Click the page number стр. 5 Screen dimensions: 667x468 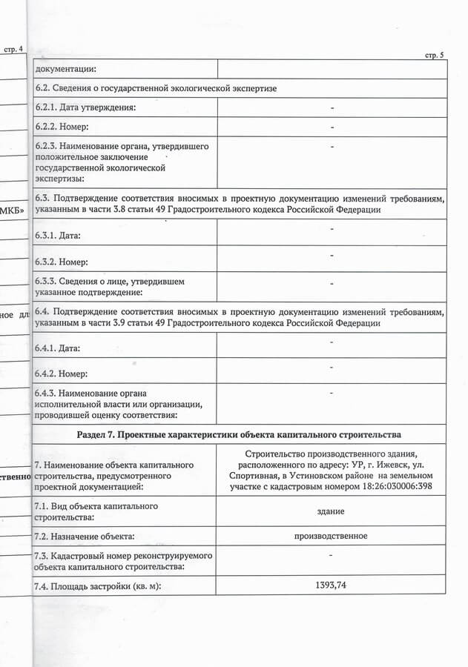434,56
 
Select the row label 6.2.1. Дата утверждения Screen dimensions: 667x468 85,108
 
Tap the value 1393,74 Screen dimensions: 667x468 332,585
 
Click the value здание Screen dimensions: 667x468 332,511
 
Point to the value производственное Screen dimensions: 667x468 331,535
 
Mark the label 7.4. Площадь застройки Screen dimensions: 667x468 97,586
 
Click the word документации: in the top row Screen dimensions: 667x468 66,69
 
